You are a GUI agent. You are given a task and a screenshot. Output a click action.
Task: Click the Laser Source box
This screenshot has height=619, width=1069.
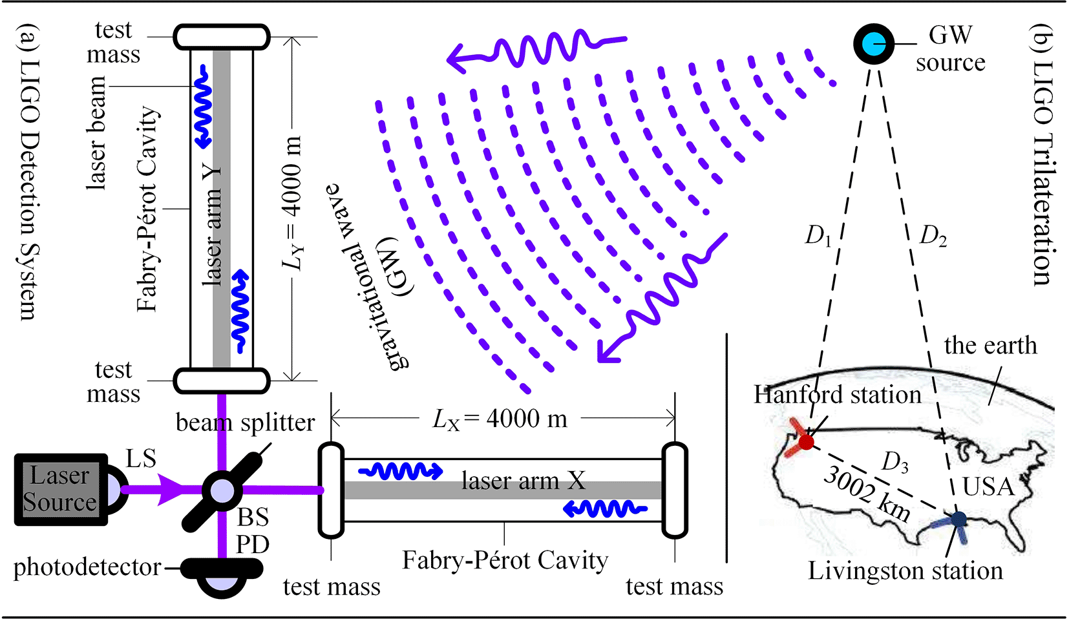[60, 489]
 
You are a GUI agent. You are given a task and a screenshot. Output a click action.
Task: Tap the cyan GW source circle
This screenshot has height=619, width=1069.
[874, 44]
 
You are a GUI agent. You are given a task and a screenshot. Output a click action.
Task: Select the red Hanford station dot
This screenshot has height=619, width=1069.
[805, 442]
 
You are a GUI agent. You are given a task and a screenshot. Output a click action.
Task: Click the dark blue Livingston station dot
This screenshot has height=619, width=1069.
[958, 519]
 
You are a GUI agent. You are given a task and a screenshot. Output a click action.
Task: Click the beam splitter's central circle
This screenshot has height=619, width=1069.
[222, 490]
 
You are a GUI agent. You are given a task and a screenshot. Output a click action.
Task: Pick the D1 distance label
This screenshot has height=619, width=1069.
[818, 236]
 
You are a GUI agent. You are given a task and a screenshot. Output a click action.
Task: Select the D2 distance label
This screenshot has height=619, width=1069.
[933, 236]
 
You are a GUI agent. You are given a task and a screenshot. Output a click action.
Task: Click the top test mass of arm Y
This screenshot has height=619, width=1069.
[222, 37]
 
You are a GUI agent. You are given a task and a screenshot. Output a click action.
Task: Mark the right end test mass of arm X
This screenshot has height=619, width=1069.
[675, 490]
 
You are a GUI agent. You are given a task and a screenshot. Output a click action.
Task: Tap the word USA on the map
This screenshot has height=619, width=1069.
[988, 487]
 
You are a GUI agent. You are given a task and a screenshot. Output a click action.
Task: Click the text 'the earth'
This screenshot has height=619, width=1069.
[990, 346]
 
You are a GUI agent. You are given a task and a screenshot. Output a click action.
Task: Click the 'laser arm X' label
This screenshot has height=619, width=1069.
[524, 481]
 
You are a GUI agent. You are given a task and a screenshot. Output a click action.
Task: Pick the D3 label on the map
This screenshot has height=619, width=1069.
[896, 462]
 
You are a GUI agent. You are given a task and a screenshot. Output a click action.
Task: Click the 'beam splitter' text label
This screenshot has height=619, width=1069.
[245, 423]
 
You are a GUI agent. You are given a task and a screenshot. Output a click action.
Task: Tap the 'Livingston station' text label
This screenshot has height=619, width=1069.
[905, 571]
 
